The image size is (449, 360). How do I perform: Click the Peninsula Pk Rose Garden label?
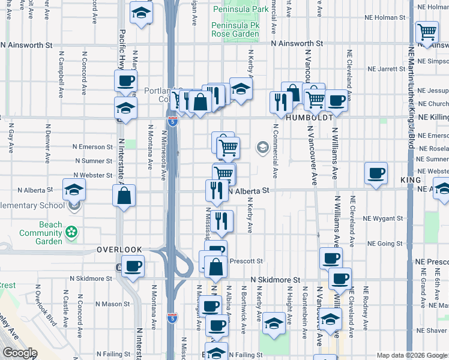point(235,30)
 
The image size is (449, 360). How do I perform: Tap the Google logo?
point(20,353)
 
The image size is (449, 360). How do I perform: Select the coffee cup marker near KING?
point(376,173)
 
